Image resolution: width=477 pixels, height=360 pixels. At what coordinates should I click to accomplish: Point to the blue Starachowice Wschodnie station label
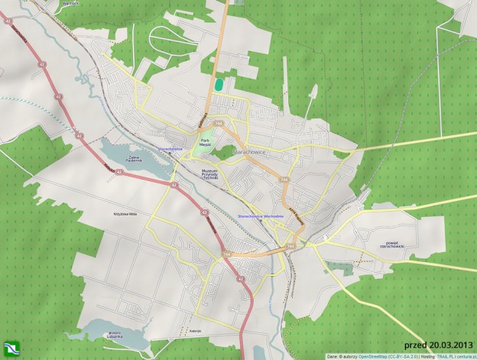pos(261,216)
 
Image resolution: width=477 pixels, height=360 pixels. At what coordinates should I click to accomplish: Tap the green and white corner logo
pos(10,349)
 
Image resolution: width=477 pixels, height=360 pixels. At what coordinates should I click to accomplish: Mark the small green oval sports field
pos(219,83)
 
